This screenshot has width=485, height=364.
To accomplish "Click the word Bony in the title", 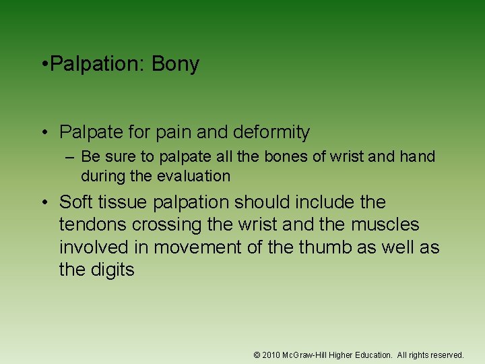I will coord(175,65).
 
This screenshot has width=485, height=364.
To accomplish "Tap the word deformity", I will coord(273,132).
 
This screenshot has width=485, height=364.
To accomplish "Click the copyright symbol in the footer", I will coord(257,355).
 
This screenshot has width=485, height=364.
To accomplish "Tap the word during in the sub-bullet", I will coord(101,177).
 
